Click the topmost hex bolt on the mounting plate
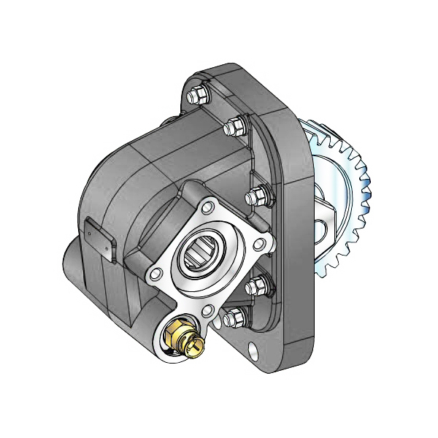[197, 96]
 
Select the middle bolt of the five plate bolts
[255, 196]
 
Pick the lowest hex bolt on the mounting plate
[233, 318]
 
